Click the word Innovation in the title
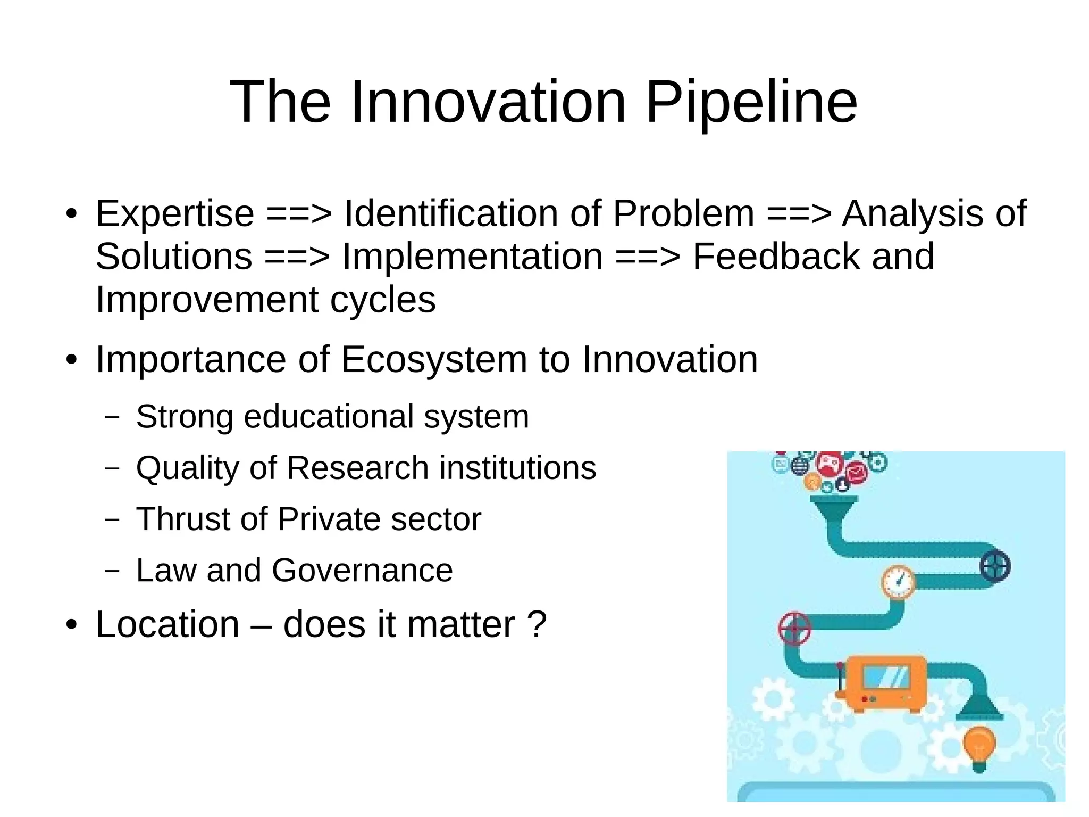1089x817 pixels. (488, 102)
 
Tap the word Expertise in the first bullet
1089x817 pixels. (175, 214)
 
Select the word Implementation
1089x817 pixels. (472, 257)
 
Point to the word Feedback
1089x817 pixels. (776, 257)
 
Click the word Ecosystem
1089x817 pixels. (433, 360)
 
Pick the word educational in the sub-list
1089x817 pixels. (329, 417)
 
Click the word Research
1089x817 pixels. (357, 468)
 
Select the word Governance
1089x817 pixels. (362, 571)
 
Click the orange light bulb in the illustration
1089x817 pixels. (979, 746)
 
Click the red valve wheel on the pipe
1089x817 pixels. (794, 629)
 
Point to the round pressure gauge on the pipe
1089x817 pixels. (899, 582)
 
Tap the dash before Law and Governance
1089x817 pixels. (112, 571)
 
